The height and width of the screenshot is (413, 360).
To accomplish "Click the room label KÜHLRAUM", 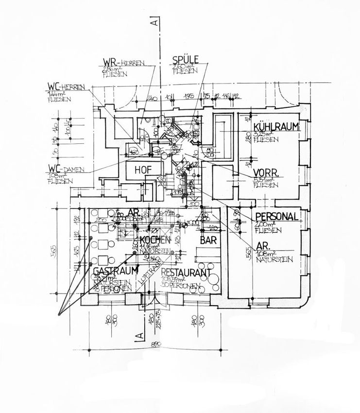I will point(275,127).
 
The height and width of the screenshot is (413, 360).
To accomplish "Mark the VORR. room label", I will point(266,172).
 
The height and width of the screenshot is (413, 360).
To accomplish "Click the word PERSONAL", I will point(277,217).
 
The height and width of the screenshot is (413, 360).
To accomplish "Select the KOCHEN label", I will point(154,240).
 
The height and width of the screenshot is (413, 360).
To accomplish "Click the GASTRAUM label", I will point(113,270).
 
